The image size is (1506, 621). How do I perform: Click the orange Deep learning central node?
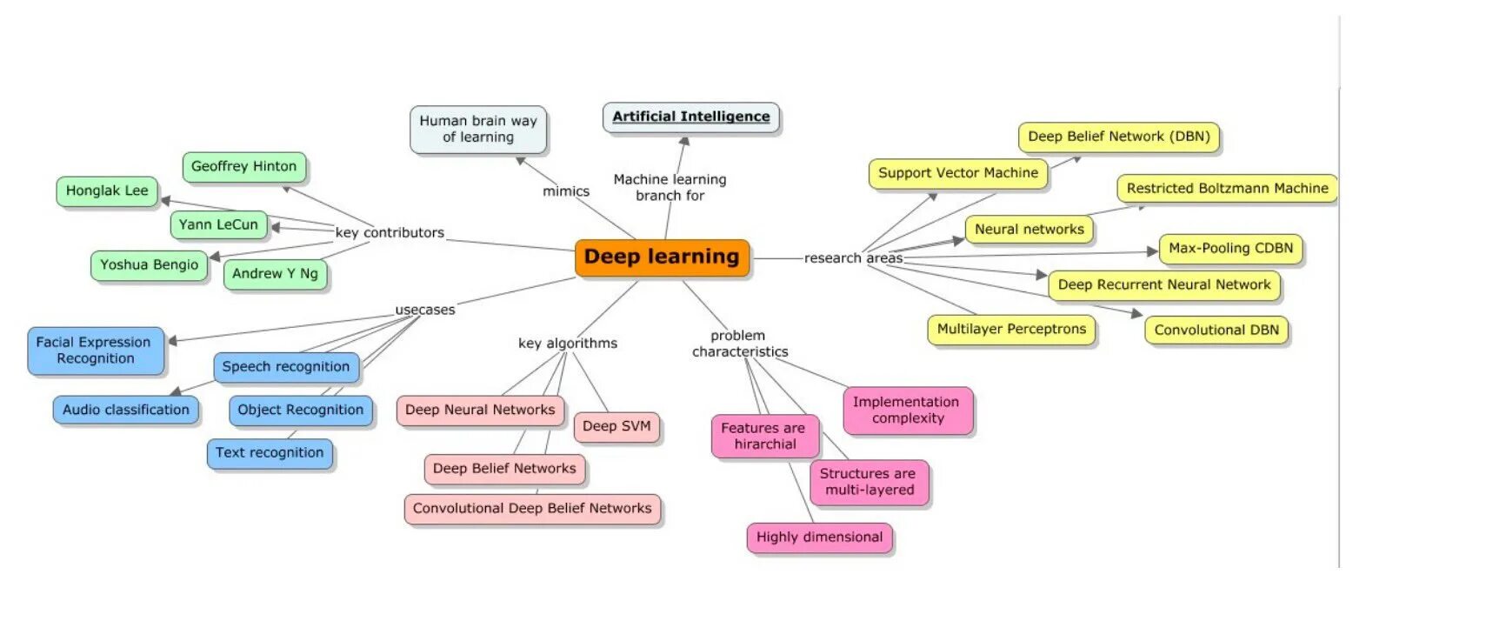tap(662, 257)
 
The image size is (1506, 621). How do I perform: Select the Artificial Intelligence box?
tap(691, 117)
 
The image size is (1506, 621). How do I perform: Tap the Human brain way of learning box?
tap(478, 129)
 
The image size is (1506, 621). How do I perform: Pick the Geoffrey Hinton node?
tap(243, 167)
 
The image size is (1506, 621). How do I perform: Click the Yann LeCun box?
tap(218, 225)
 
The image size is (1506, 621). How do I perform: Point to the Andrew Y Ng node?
tap(275, 274)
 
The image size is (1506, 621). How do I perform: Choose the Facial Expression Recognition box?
tap(96, 351)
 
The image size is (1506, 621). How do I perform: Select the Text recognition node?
tap(270, 453)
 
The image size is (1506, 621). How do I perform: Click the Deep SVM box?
tap(616, 426)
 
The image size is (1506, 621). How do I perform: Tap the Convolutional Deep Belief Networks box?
tap(532, 509)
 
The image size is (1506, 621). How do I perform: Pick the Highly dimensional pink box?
tap(819, 538)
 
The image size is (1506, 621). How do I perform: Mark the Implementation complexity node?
tap(907, 411)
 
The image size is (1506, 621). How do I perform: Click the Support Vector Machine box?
tap(957, 173)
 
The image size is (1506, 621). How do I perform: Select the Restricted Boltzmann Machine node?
tap(1227, 189)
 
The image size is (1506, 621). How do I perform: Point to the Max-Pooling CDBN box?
tap(1230, 249)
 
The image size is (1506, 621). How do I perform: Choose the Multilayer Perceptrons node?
tap(1011, 330)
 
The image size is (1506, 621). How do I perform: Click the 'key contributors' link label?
tap(390, 233)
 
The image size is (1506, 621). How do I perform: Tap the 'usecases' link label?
tap(425, 310)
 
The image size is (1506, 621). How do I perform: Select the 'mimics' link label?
tap(566, 191)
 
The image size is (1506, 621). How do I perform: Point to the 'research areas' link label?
tap(853, 258)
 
